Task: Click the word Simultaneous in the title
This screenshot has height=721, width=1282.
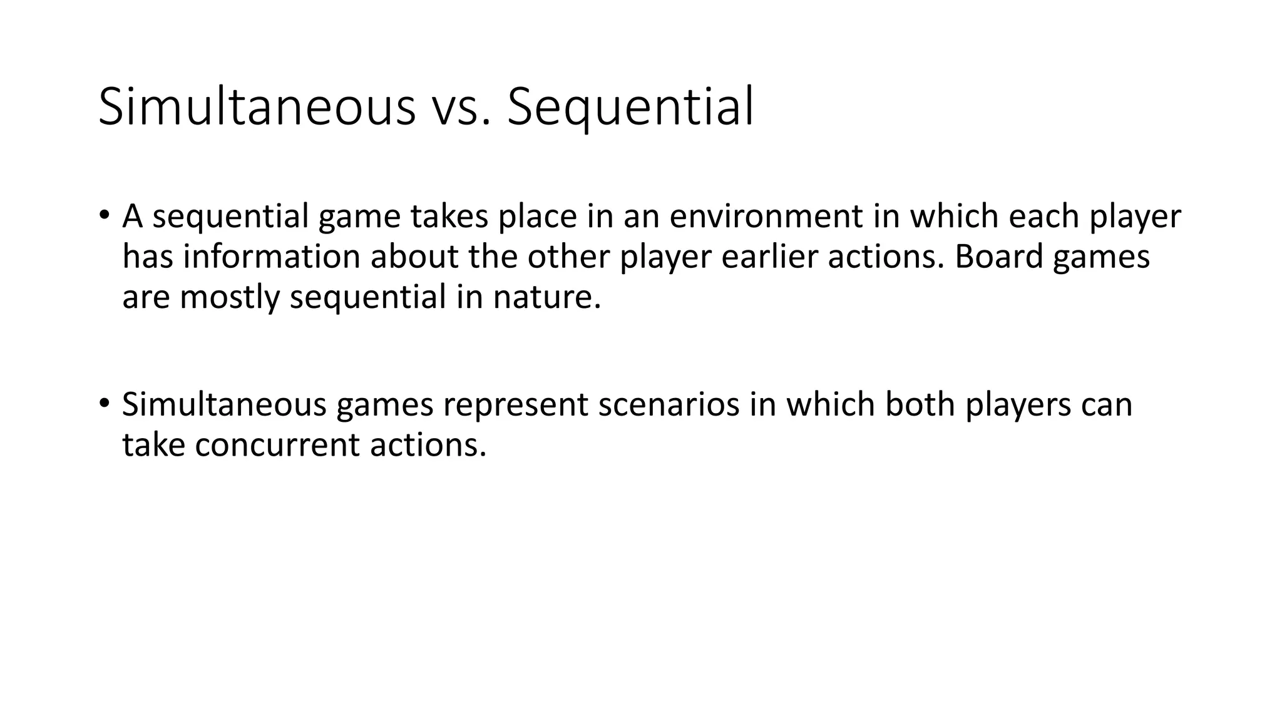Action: (257, 108)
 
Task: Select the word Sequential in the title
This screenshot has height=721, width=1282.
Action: (630, 108)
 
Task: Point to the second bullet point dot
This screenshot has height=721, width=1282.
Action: (104, 402)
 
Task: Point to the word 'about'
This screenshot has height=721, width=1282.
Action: (414, 257)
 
